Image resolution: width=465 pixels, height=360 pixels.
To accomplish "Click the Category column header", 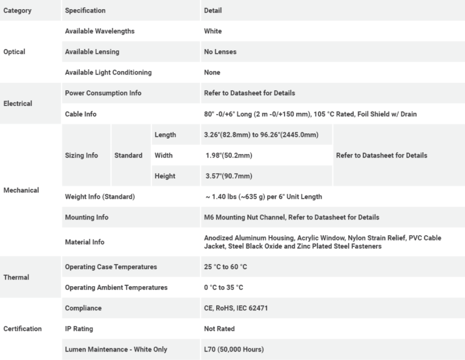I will (18, 10).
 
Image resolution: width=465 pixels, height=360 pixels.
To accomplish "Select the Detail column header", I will (213, 10).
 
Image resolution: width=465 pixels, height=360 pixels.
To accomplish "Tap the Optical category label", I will (15, 52).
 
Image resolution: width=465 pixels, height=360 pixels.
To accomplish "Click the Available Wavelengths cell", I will (100, 31).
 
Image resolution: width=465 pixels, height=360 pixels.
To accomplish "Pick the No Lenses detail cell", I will (220, 52).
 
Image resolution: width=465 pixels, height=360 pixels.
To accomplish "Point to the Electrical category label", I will (18, 103).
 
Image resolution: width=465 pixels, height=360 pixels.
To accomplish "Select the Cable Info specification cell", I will (81, 114).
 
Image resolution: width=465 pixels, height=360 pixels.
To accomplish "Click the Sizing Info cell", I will (81, 155).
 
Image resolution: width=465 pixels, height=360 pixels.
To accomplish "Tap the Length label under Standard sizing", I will (165, 135).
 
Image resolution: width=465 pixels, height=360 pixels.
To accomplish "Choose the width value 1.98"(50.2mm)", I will (229, 155).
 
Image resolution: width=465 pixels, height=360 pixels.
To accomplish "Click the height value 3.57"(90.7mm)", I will (229, 176).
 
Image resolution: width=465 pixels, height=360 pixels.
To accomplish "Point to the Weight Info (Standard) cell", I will (100, 196).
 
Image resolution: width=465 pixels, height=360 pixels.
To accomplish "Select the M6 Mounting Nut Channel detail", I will (292, 217).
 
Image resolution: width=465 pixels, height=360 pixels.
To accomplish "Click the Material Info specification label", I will (85, 242).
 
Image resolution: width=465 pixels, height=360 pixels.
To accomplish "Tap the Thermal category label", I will (16, 277).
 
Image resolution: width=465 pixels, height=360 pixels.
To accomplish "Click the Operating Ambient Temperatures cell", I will (116, 287).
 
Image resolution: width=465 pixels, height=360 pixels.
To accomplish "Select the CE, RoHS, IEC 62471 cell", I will (236, 308).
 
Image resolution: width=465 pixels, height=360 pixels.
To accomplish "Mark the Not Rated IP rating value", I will (219, 328).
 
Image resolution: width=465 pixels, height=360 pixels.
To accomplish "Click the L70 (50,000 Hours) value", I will (234, 349).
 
